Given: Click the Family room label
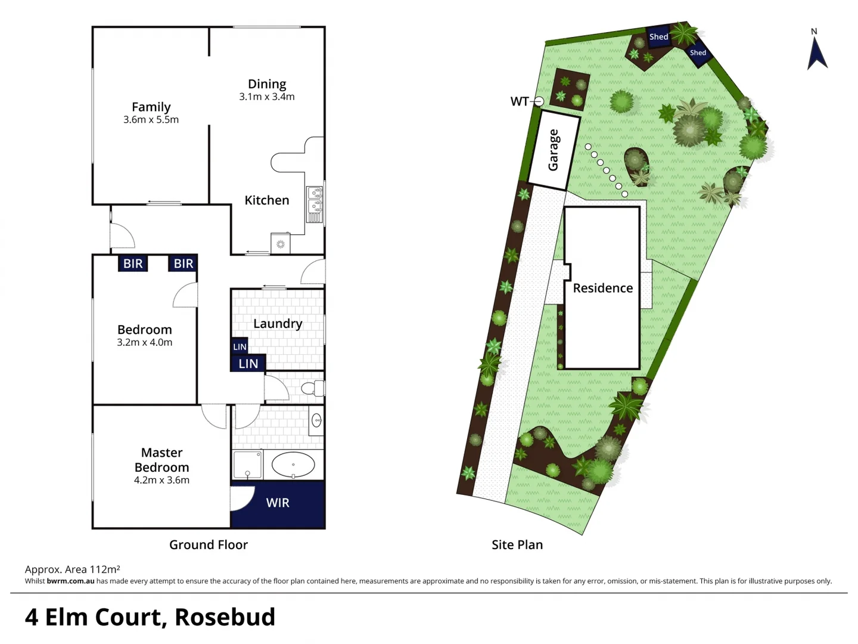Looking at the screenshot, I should click(151, 107).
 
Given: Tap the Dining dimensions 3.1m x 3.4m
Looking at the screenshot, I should click(266, 97).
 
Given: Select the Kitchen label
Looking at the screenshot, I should click(266, 200).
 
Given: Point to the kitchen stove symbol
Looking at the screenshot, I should click(280, 244).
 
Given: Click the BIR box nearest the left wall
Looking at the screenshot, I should click(132, 264).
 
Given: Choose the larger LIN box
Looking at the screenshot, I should click(248, 363).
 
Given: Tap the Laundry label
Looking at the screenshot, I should click(278, 323).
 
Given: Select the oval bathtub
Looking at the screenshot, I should click(293, 465).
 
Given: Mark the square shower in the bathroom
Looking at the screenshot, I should click(247, 465).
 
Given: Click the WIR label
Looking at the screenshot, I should click(278, 503).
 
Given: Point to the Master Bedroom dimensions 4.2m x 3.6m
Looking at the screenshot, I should click(161, 480).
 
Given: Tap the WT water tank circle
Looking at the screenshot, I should click(538, 101).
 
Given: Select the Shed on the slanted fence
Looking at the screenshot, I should click(698, 53).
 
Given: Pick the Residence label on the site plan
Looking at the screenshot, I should click(602, 288).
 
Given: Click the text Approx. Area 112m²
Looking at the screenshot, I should click(73, 569).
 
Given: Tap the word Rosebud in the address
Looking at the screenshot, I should click(225, 617).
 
